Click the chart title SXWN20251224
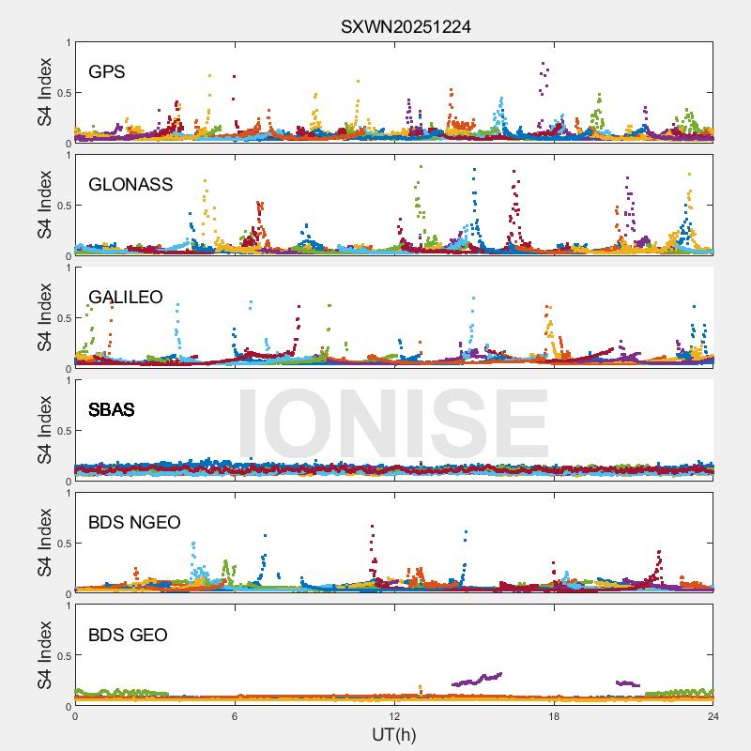click(406, 26)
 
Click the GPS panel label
click(107, 71)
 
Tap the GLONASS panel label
click(130, 184)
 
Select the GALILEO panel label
click(126, 297)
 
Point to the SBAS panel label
click(112, 409)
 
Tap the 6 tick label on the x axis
click(235, 716)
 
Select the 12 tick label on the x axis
click(394, 716)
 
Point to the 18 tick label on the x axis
click(554, 716)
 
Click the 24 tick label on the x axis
click(713, 716)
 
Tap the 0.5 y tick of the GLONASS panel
click(62, 206)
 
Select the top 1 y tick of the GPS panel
click(68, 43)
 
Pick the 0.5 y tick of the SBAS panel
click(62, 431)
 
